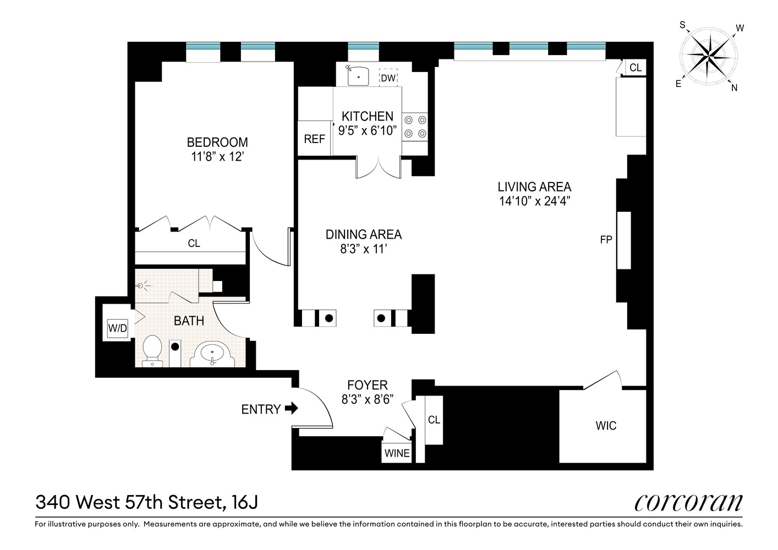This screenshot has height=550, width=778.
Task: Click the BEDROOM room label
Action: point(217,142)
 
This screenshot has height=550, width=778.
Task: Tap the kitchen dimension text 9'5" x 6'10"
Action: point(367,131)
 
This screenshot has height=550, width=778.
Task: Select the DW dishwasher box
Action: point(388,78)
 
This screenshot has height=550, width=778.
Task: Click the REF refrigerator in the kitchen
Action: point(314,139)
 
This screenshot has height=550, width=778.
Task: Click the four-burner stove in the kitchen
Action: point(415,127)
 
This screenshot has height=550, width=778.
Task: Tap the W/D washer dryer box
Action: point(117,329)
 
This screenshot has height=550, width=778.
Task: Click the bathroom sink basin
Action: point(212,354)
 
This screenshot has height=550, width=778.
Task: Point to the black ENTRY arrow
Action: point(292,408)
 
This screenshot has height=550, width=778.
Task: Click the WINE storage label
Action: point(397,453)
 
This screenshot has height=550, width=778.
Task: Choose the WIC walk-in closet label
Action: point(606,426)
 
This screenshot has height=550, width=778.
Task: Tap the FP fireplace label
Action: point(606,240)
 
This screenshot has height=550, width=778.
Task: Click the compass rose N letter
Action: point(734,87)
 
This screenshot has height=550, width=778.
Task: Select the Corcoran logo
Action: point(688,502)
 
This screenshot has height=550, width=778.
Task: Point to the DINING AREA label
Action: point(364,234)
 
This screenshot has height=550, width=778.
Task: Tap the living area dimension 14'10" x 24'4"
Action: point(534,201)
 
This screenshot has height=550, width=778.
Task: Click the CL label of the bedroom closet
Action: point(194,243)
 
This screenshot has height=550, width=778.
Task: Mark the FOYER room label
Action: point(367,385)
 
